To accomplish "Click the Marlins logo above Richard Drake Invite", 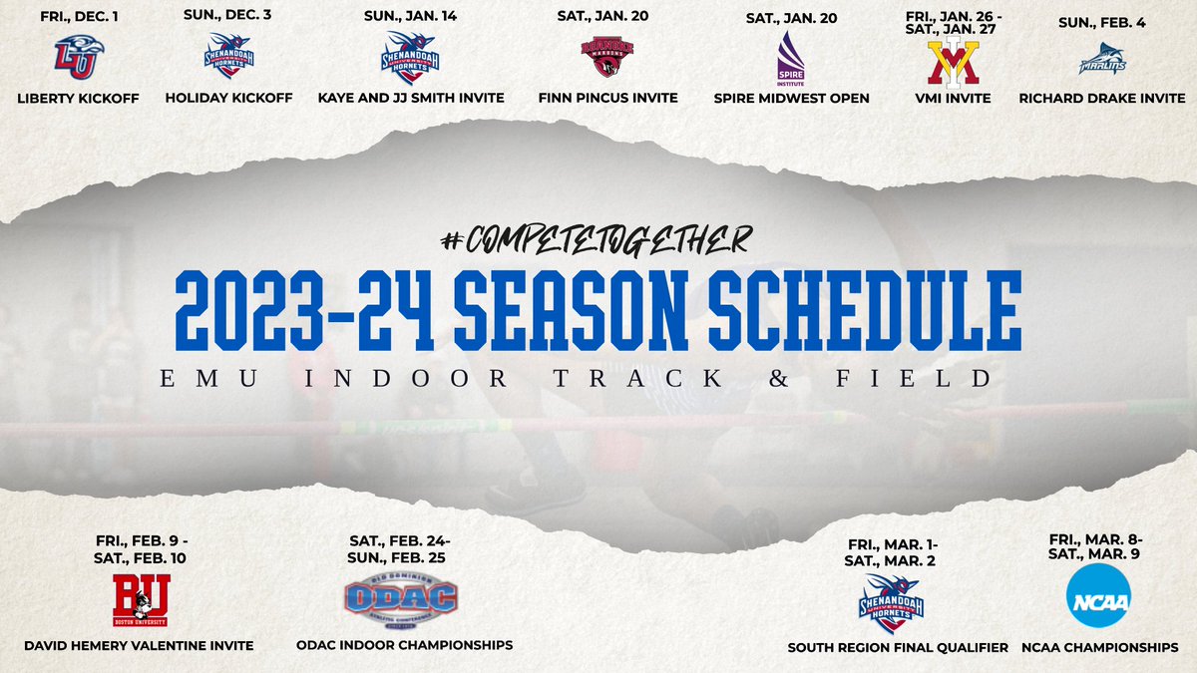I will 1102,59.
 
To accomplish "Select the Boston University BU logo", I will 141,598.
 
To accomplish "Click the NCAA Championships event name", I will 1099,648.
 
